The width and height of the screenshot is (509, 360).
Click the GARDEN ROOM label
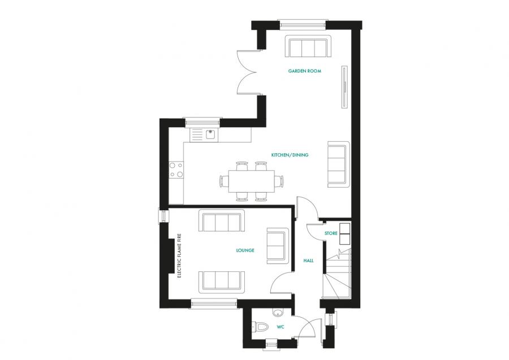tap(305, 71)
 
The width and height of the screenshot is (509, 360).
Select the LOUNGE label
tap(245, 250)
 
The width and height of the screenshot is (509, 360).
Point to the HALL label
tap(308, 261)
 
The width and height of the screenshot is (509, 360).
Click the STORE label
tap(331, 233)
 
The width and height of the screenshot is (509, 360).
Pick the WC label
tap(280, 327)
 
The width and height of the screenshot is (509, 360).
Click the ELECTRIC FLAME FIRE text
tap(179, 257)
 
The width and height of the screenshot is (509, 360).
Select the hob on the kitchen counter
tap(175, 170)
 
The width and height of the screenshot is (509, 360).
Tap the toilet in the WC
tap(260, 327)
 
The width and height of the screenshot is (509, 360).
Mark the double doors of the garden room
tap(248, 72)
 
